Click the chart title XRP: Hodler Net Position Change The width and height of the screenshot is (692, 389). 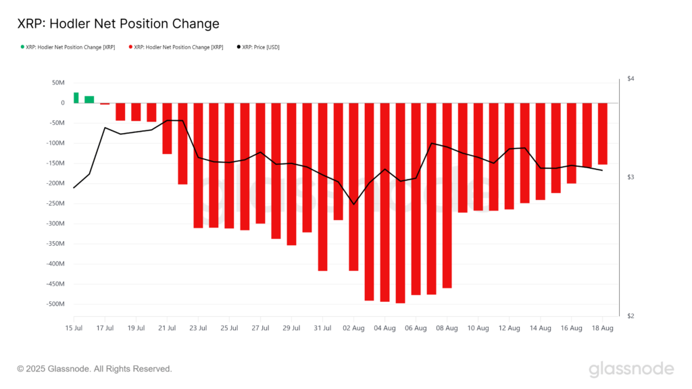click(118, 24)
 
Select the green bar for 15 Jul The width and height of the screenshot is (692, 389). click(76, 98)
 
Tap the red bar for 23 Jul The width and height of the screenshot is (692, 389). click(198, 165)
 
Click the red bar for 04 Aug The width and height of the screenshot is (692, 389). click(385, 202)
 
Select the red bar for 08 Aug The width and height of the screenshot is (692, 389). click(447, 195)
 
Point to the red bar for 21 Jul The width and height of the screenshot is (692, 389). click(167, 128)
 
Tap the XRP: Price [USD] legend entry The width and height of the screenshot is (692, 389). click(260, 47)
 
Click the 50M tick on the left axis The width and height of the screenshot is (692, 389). click(57, 82)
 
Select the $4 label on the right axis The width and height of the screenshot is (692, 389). click(631, 79)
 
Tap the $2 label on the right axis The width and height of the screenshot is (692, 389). click(631, 316)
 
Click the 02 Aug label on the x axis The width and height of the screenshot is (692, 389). click(353, 328)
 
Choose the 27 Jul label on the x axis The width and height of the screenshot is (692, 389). click(260, 328)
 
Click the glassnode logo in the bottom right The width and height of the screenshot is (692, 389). click(631, 369)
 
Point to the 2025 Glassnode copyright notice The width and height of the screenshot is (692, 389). click(95, 369)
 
